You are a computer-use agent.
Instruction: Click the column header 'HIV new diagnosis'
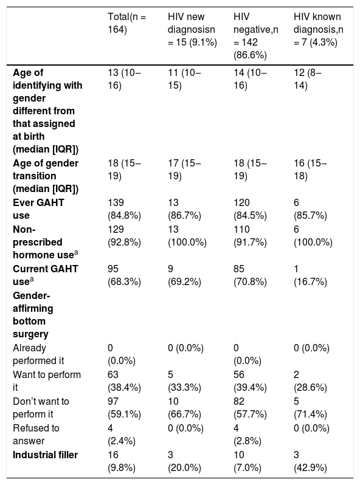click(x=192, y=29)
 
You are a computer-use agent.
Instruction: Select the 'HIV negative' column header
click(x=255, y=36)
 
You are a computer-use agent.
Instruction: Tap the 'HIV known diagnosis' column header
click(x=318, y=29)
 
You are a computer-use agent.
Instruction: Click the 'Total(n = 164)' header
click(x=126, y=23)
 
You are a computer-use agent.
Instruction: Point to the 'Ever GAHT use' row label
click(x=38, y=209)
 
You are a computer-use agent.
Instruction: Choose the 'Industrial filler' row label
click(x=45, y=455)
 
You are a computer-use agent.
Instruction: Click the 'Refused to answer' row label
click(x=36, y=435)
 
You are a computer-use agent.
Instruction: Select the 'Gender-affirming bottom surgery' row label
click(x=33, y=315)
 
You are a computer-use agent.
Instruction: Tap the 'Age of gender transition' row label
click(x=46, y=176)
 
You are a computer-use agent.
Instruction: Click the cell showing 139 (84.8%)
click(x=124, y=209)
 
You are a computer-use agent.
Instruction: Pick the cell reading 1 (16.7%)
click(x=310, y=275)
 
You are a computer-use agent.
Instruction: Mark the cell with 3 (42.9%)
click(x=310, y=461)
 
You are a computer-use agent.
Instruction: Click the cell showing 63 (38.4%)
click(x=124, y=380)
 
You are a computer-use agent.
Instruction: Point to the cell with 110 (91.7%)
click(x=250, y=235)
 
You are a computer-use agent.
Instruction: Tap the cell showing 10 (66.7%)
click(x=184, y=407)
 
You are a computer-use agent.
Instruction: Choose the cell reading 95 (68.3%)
click(x=124, y=275)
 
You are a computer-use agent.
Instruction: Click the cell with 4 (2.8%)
click(x=247, y=435)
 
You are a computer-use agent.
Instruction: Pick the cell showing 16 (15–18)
click(x=310, y=169)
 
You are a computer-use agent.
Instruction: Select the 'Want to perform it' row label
click(x=47, y=380)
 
